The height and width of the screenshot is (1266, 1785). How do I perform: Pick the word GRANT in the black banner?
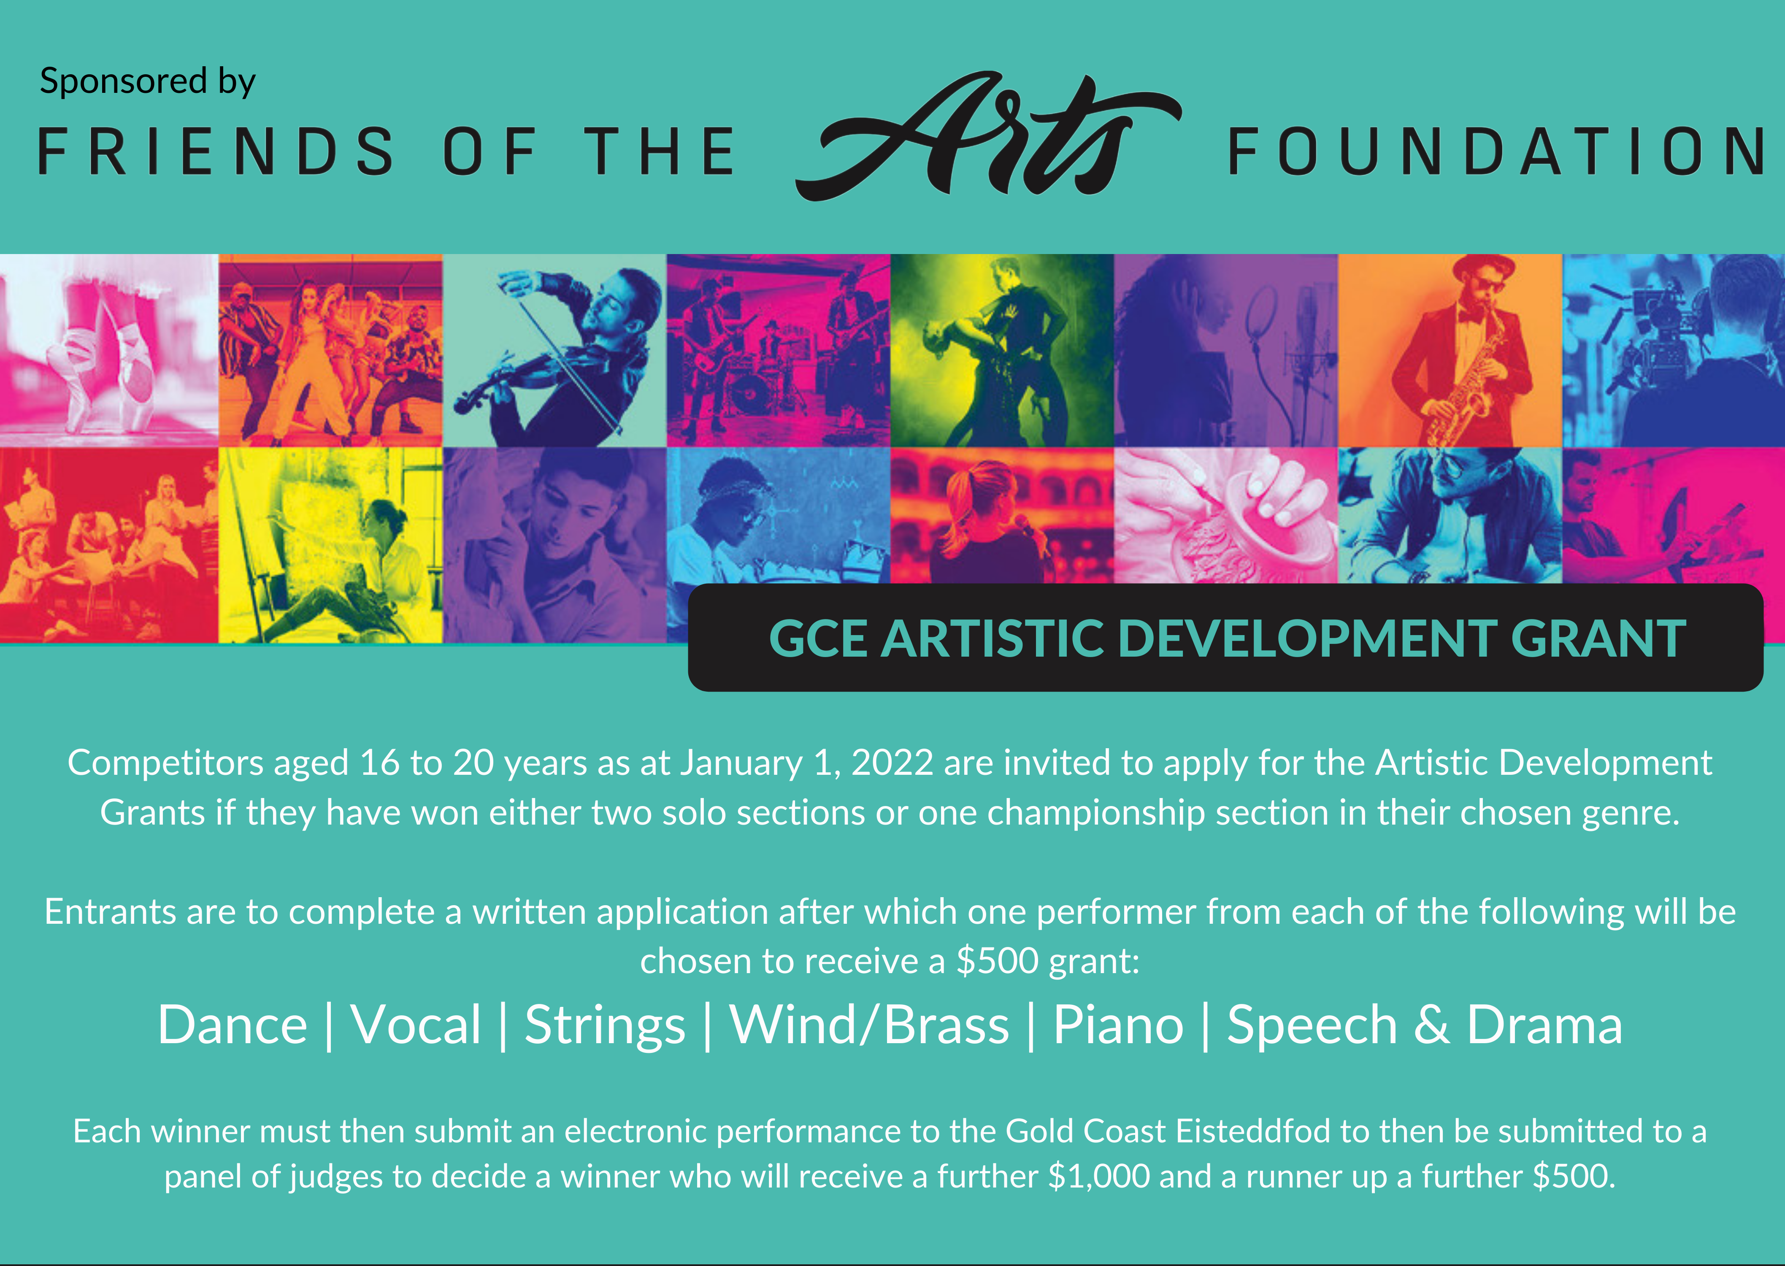pos(1598,639)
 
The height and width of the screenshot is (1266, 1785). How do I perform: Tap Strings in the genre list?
pos(605,1026)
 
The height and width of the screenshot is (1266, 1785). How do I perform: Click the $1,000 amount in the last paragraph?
pos(1098,1177)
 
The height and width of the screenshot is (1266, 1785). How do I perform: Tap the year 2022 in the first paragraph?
pos(892,763)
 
